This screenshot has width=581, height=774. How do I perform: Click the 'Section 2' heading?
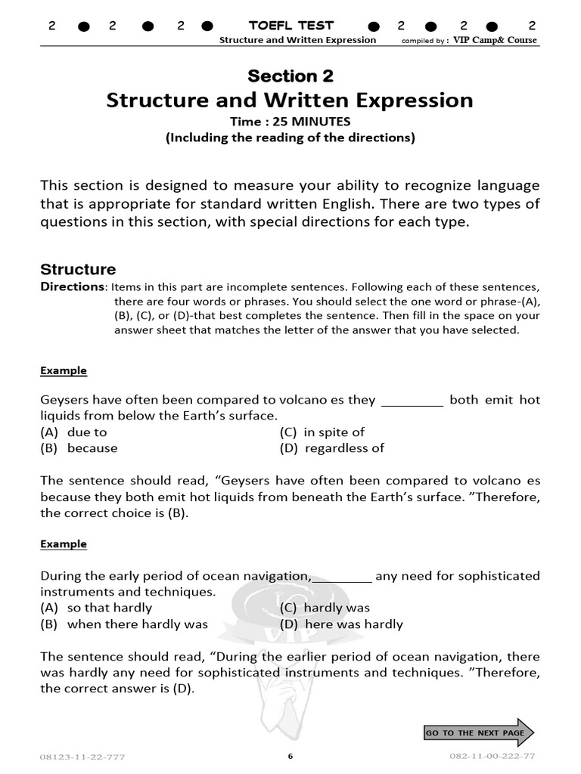pos(290,76)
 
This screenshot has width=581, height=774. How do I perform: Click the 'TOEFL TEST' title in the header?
pos(290,25)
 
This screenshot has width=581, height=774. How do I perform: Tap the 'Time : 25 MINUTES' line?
pos(290,122)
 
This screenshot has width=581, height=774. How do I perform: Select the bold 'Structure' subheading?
pos(78,270)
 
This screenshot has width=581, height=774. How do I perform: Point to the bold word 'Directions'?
pos(72,287)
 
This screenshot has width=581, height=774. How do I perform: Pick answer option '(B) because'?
pos(79,448)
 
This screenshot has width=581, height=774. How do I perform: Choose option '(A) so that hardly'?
pos(96,608)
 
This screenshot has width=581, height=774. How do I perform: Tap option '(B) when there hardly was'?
pos(124,624)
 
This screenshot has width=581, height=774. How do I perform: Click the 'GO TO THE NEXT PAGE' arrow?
pos(479,733)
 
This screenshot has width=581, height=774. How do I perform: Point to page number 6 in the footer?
pos(290,757)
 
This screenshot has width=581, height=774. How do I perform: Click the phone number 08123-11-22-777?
pos(82,757)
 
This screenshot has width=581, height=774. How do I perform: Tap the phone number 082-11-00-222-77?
pos(492,757)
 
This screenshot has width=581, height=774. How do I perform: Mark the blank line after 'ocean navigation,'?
pos(342,580)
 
